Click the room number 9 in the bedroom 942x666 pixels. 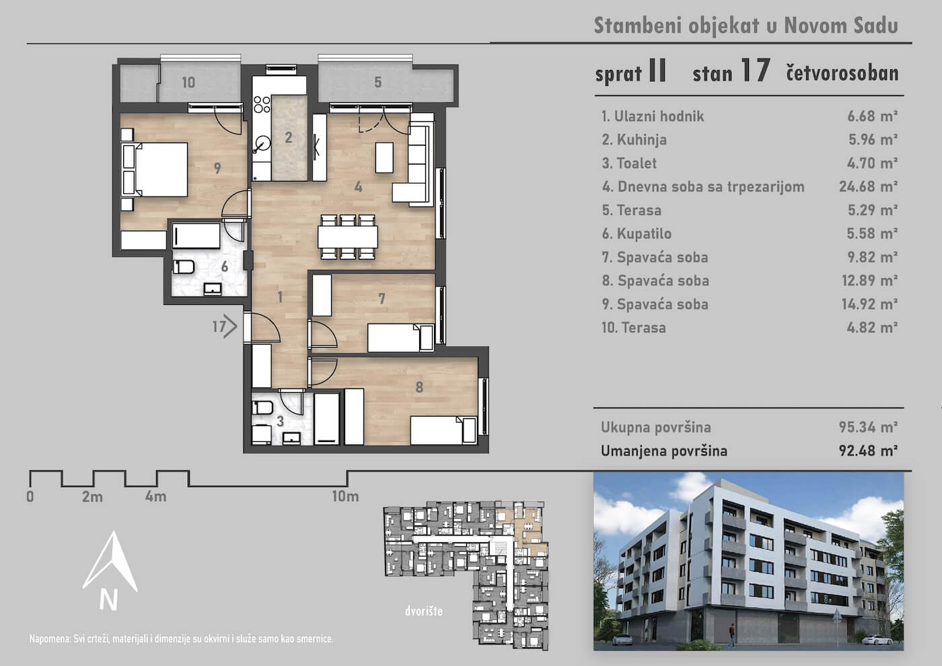[x=217, y=168]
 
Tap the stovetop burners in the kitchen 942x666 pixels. [x=262, y=104]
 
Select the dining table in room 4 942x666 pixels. [x=348, y=237]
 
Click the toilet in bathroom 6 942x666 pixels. [x=184, y=266]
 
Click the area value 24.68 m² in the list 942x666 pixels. [x=868, y=186]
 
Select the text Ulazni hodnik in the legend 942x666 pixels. [x=659, y=116]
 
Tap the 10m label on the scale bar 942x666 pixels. [x=345, y=496]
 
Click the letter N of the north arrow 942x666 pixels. [x=108, y=600]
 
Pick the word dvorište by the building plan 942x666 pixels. [x=424, y=611]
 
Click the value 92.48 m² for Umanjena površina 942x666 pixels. [x=868, y=451]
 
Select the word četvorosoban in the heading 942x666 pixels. [x=842, y=73]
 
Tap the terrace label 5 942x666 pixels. [x=377, y=82]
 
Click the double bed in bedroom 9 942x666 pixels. [x=154, y=170]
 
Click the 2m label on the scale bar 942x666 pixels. [x=93, y=496]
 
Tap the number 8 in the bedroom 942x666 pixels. [x=419, y=387]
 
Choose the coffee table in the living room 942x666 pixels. [x=384, y=157]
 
